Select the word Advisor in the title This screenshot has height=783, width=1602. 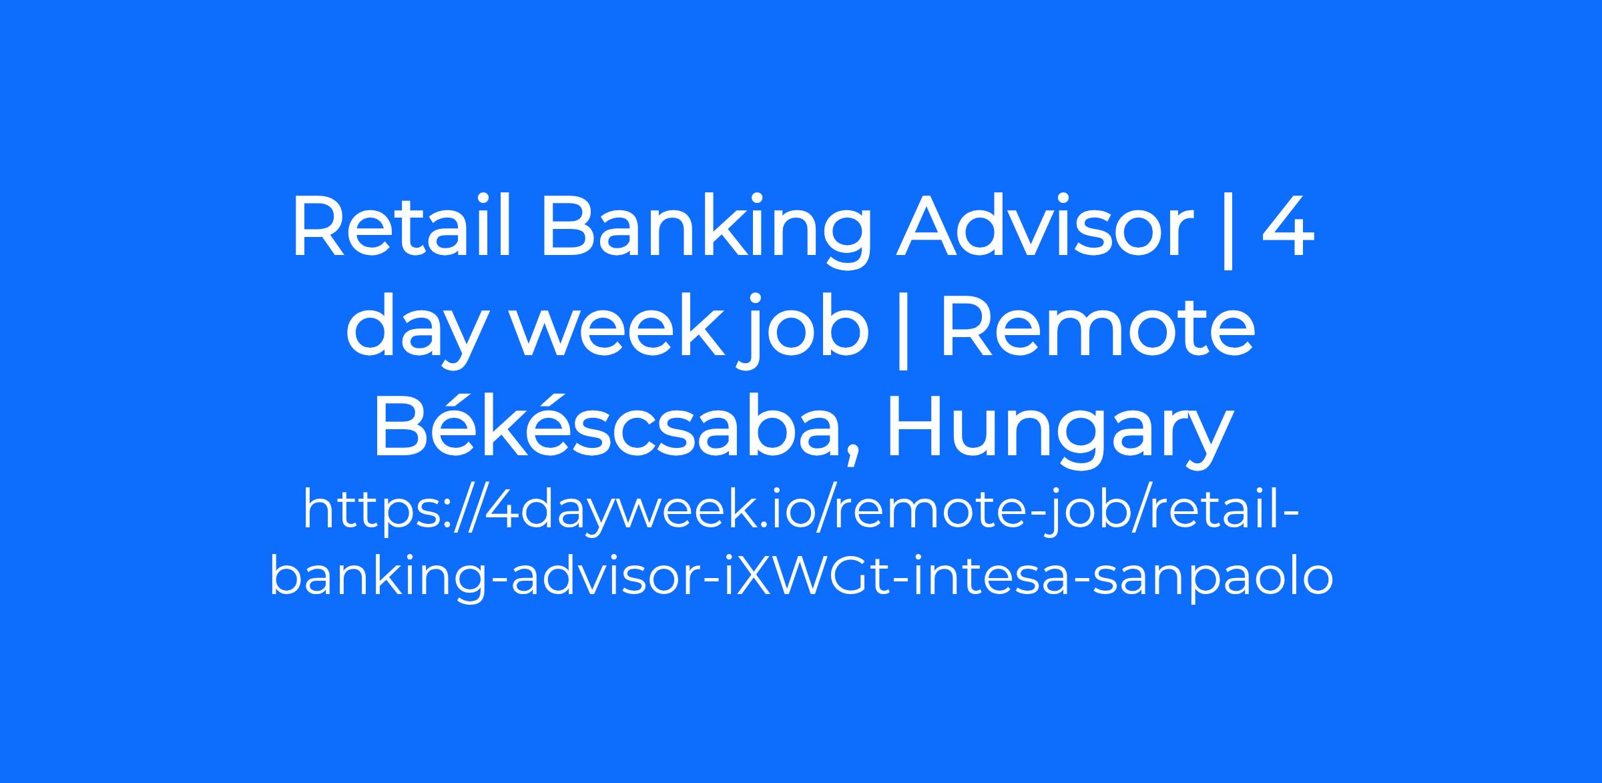point(1045,227)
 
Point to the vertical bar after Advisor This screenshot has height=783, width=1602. point(1227,231)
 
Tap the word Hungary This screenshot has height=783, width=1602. point(1058,430)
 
